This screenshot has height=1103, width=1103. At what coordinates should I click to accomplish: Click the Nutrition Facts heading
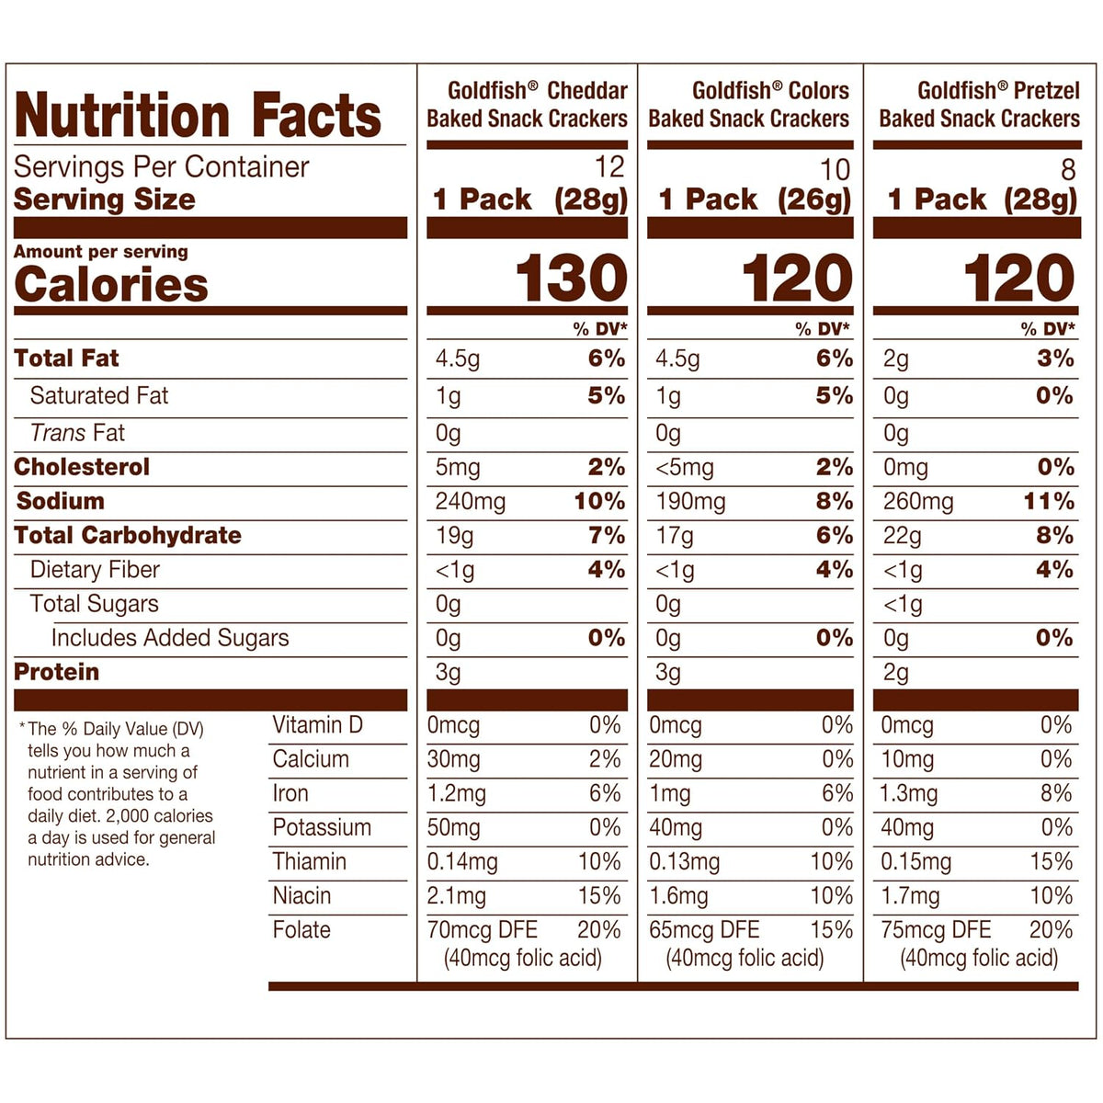198,116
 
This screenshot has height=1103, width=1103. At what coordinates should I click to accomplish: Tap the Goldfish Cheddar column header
527,105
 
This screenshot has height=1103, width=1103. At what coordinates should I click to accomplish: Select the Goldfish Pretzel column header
979,105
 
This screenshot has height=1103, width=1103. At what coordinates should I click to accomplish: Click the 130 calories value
571,279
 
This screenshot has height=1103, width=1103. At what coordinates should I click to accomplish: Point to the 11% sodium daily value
1049,502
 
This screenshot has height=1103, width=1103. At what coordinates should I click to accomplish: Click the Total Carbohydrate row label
128,535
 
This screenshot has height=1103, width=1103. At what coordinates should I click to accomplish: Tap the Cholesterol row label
82,467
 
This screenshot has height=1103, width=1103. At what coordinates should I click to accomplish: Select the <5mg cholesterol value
685,468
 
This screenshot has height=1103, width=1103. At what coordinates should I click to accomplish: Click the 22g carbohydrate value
902,536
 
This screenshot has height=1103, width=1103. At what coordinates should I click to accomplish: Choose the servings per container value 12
609,167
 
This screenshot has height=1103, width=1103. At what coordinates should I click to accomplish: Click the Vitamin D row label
318,724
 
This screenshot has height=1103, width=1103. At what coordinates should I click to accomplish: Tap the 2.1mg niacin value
456,896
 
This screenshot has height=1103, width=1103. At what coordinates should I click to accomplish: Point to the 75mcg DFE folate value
936,930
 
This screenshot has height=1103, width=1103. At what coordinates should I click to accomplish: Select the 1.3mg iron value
909,794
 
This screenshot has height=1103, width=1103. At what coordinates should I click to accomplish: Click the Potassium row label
322,827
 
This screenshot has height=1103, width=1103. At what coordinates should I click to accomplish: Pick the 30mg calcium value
453,760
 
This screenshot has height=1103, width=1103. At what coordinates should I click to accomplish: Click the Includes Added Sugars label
170,638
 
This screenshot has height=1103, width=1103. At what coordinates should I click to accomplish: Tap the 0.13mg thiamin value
684,862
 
